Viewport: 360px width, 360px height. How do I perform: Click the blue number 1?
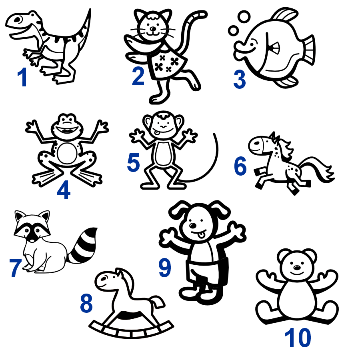tap(23, 77)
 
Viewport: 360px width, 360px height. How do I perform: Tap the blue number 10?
tap(298, 338)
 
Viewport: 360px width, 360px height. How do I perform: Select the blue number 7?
tap(15, 268)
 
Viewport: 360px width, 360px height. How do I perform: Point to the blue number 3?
tap(240, 80)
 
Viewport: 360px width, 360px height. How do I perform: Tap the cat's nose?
tap(153, 29)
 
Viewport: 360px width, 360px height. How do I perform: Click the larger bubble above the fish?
tap(244, 17)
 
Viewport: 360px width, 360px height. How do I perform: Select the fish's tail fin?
tap(308, 50)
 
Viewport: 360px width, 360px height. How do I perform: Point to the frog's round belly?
tap(67, 153)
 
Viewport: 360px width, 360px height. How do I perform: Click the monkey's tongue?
tap(157, 133)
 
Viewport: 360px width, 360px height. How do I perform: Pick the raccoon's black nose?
tap(33, 240)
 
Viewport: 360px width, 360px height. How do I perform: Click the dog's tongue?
tap(201, 235)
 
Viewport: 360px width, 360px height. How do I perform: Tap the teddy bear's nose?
tap(297, 268)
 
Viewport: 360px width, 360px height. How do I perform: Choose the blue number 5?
tap(133, 162)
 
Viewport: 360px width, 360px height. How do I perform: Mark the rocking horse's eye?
tap(104, 278)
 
